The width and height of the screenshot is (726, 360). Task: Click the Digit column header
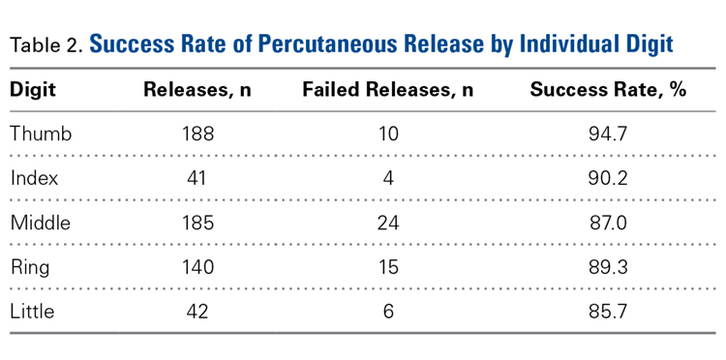[33, 90]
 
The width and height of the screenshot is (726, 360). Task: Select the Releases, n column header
[197, 90]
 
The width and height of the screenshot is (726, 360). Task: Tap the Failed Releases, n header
[387, 90]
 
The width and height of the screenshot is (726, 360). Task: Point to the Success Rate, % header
[607, 90]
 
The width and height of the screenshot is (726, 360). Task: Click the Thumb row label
[41, 134]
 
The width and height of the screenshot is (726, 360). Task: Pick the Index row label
[35, 178]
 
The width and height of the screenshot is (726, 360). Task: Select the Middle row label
[41, 223]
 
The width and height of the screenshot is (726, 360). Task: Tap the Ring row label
[31, 267]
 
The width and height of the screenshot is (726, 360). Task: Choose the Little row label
[32, 312]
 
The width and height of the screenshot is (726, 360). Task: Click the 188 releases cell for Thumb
[197, 134]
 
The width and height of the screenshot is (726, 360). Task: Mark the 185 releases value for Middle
[197, 223]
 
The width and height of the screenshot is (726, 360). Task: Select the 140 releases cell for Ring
[197, 267]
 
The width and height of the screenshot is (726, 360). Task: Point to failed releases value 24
[387, 223]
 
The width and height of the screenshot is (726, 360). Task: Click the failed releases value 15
[387, 267]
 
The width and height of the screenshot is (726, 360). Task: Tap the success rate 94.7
[608, 134]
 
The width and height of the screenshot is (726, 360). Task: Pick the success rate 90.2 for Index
[608, 178]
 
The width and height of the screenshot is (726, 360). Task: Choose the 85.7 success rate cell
[608, 312]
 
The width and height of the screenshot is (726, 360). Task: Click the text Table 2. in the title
[45, 45]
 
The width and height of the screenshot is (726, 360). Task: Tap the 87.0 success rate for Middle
[608, 223]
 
